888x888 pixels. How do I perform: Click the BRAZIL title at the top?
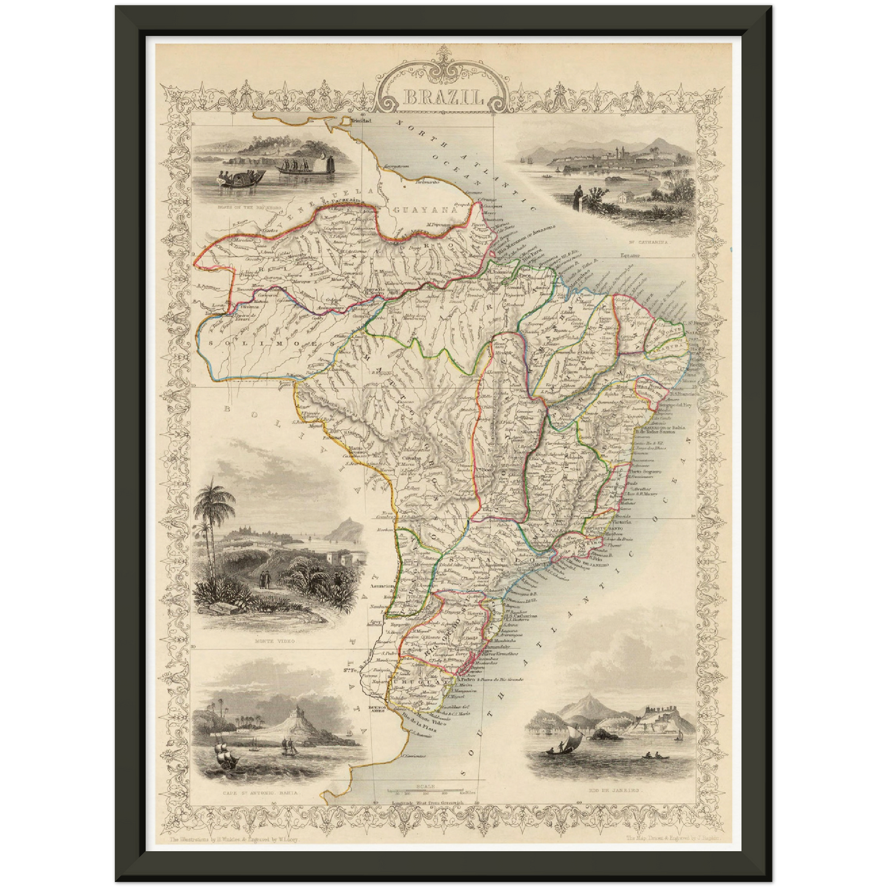coord(436,97)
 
